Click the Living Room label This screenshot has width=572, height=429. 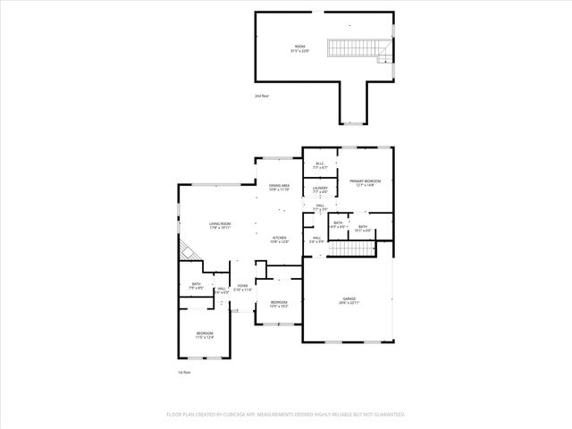pyautogui.click(x=220, y=226)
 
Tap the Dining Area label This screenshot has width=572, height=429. pyautogui.click(x=280, y=187)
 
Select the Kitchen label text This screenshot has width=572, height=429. pyautogui.click(x=280, y=239)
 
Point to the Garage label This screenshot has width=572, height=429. pyautogui.click(x=349, y=300)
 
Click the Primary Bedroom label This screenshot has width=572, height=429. pyautogui.click(x=365, y=182)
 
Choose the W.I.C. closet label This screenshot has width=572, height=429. pyautogui.click(x=320, y=165)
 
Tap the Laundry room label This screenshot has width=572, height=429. pyautogui.click(x=320, y=189)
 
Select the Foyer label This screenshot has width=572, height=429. pyautogui.click(x=242, y=288)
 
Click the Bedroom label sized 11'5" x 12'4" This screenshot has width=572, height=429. pyautogui.click(x=206, y=334)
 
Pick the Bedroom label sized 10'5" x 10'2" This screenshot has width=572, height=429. pyautogui.click(x=279, y=304)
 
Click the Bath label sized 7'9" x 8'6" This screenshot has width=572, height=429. pyautogui.click(x=196, y=286)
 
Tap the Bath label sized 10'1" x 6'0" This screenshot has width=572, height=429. pyautogui.click(x=363, y=229)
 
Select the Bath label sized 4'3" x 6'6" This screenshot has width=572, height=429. pyautogui.click(x=338, y=224)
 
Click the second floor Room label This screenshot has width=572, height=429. pyautogui.click(x=299, y=48)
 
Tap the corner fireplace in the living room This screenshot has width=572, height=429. pyautogui.click(x=186, y=252)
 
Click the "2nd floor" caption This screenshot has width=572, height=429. pyautogui.click(x=261, y=96)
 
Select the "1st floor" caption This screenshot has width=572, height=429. pyautogui.click(x=184, y=371)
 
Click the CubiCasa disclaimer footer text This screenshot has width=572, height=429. pyautogui.click(x=286, y=415)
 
